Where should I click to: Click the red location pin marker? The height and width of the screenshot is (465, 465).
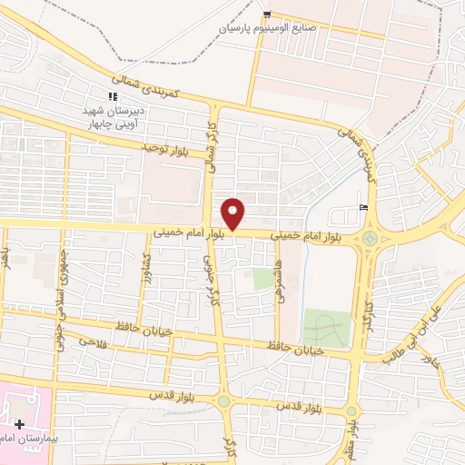(234, 213)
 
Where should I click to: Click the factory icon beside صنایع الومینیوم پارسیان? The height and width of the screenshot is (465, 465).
(267, 14)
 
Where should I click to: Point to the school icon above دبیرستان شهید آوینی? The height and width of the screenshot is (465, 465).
(113, 96)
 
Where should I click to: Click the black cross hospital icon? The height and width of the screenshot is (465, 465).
(19, 424)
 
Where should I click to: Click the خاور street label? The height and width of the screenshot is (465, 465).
(428, 361)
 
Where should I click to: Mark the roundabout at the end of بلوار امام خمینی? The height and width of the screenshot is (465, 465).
(369, 240)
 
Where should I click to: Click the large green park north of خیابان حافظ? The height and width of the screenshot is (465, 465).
(326, 328)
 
